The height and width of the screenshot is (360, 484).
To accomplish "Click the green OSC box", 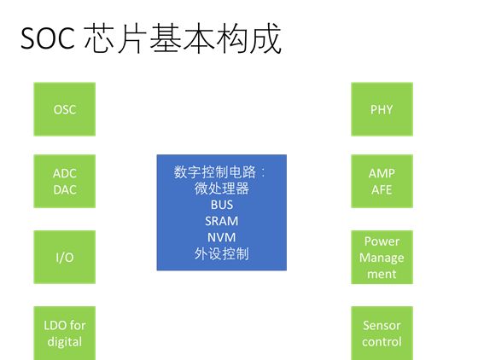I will point(64,109).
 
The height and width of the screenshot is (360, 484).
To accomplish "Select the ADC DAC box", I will point(64,181).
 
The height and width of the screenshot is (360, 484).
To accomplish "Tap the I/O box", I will point(64,257).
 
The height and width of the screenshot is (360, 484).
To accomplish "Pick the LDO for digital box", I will point(64,333).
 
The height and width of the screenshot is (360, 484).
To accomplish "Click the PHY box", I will point(382,109).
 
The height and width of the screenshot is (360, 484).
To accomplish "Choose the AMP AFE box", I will point(382,181).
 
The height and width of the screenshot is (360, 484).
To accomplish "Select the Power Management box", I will point(382,257).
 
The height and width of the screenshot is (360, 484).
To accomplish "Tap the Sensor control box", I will point(382,333).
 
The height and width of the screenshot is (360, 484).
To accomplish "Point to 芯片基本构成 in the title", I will point(183,40).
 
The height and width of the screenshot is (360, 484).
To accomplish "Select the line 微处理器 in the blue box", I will point(221,189).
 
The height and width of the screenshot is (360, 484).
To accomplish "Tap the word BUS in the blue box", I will point(221,205).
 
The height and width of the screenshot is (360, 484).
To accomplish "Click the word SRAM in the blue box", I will point(221,221).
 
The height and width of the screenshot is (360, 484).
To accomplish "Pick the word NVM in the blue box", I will point(221,237).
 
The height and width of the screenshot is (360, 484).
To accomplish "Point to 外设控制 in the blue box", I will point(221,253).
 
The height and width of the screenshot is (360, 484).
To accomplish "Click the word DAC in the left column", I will point(64,189).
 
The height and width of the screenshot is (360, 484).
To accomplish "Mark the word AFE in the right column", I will point(382,189).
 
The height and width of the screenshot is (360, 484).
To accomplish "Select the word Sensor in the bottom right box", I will point(382,325).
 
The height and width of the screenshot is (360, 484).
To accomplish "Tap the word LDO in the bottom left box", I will point(54,325).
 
